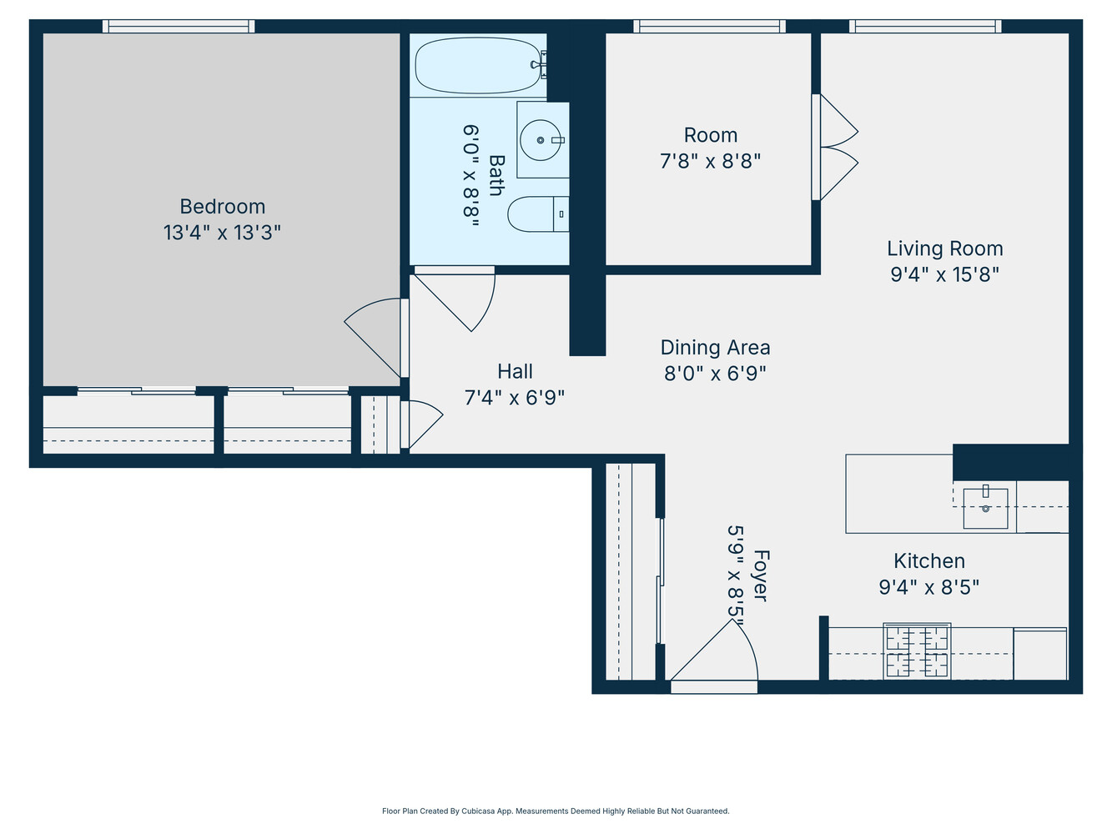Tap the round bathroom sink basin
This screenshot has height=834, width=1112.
point(541,139)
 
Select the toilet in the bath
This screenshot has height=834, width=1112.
point(534,214)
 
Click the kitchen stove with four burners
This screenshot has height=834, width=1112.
point(917,651)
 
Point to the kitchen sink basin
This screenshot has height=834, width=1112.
point(985,508)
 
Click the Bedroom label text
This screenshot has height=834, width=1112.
point(222,207)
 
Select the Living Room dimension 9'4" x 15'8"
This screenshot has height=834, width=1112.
point(944,274)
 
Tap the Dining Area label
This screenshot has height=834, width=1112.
point(715,348)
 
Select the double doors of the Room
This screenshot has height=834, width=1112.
point(837,148)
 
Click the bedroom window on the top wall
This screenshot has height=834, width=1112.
point(179,27)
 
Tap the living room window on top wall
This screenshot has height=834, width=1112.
point(925,27)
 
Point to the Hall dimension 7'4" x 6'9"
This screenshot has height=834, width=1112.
point(514,398)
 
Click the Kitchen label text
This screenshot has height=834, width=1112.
point(928,561)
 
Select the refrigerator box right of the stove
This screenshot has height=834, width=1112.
point(1039,655)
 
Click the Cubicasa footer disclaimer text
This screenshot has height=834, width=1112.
point(556,811)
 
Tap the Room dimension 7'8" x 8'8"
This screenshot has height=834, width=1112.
point(710,161)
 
